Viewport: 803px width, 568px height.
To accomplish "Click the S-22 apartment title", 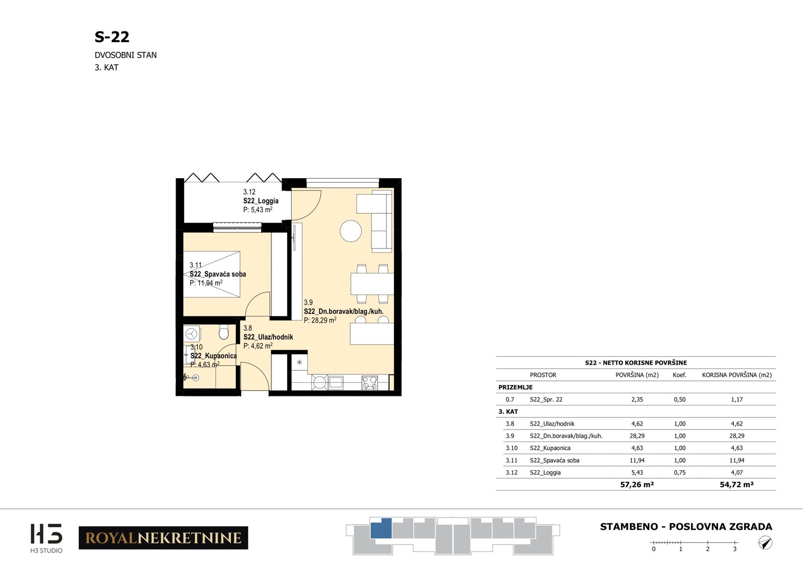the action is pyautogui.click(x=112, y=37).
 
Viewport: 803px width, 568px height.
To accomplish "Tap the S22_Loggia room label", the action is pyautogui.click(x=260, y=201).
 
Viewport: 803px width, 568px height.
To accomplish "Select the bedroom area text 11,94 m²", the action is pyautogui.click(x=206, y=283).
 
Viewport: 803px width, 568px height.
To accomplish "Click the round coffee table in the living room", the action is pyautogui.click(x=351, y=231).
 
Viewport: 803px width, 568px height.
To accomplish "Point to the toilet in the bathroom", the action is pyautogui.click(x=223, y=332).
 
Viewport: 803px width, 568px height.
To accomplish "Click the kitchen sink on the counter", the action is pyautogui.click(x=336, y=382).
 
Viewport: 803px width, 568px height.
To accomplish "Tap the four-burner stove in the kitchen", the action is pyautogui.click(x=369, y=382).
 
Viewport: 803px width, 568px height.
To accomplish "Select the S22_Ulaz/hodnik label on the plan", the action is pyautogui.click(x=268, y=337).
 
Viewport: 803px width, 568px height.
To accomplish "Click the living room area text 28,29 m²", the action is pyautogui.click(x=320, y=320).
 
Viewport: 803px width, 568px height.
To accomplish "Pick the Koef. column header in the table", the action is pyautogui.click(x=680, y=375).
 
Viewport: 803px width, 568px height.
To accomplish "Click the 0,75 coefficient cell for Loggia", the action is pyautogui.click(x=680, y=472).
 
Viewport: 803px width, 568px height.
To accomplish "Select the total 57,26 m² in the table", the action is pyautogui.click(x=637, y=485).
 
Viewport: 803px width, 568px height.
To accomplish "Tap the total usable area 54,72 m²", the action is pyautogui.click(x=737, y=485).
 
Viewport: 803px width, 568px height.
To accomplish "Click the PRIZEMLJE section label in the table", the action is pyautogui.click(x=515, y=387).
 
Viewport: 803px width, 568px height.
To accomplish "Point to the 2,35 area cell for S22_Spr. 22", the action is pyautogui.click(x=637, y=399).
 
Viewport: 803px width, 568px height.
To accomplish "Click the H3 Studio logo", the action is pyautogui.click(x=46, y=538).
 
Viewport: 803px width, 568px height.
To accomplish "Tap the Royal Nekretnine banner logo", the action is pyautogui.click(x=163, y=537).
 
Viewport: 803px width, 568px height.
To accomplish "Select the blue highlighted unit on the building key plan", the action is pyautogui.click(x=381, y=528).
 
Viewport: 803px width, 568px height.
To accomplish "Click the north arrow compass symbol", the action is pyautogui.click(x=765, y=542).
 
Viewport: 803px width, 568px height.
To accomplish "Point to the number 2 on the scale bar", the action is pyautogui.click(x=708, y=548).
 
